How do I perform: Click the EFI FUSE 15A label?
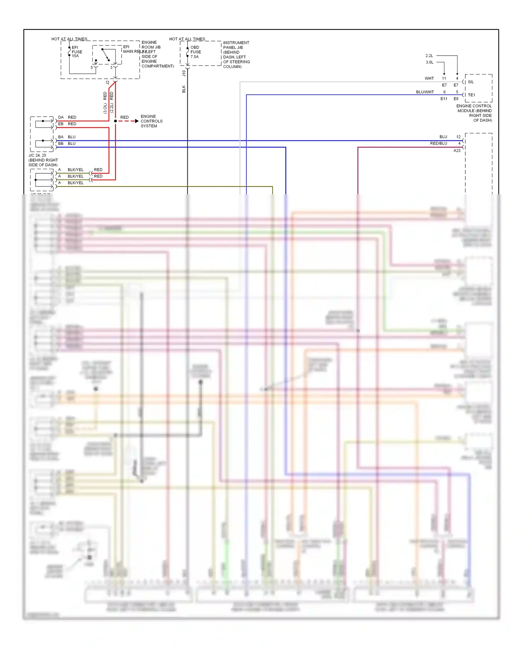[77, 52]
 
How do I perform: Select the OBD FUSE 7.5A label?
[195, 52]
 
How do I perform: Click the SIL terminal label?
[471, 82]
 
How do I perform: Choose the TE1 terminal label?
[471, 95]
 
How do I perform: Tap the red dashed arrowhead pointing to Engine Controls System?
[137, 121]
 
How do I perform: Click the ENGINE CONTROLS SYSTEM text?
[151, 121]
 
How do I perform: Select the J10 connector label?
[184, 73]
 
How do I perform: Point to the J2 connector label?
[107, 83]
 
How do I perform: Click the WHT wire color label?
[429, 78]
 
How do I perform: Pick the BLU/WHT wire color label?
[425, 92]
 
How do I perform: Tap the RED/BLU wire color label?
[438, 144]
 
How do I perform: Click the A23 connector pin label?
[457, 151]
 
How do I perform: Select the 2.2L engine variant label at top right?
[429, 56]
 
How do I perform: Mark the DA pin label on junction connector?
[61, 117]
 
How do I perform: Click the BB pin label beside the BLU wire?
[61, 144]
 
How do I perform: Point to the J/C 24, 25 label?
[38, 155]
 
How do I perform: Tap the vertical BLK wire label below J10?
[184, 89]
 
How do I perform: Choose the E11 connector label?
[444, 99]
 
